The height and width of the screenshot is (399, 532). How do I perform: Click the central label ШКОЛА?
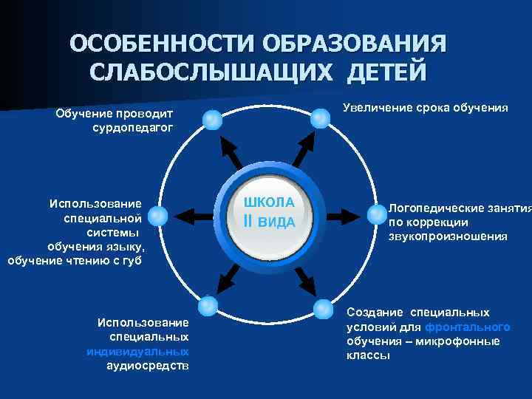269,202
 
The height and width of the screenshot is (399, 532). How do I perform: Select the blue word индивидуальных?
137,351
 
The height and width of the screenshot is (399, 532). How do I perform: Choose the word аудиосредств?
147,365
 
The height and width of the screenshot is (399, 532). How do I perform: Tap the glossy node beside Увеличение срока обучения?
320,117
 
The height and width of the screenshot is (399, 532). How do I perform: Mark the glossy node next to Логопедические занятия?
375,214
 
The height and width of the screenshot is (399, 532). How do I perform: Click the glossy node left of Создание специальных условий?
324,308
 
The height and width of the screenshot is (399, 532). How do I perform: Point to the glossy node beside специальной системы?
157,216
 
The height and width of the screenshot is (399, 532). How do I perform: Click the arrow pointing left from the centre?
193,216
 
